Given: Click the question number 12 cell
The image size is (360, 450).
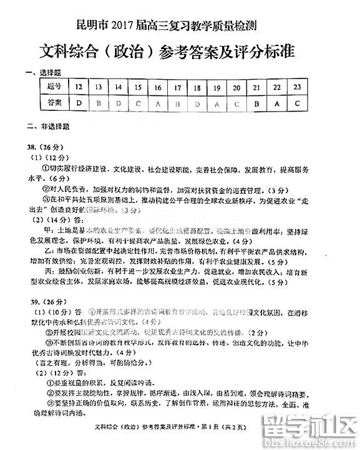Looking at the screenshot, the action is (79, 86).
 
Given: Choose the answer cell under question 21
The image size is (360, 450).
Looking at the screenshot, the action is (256, 102).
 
